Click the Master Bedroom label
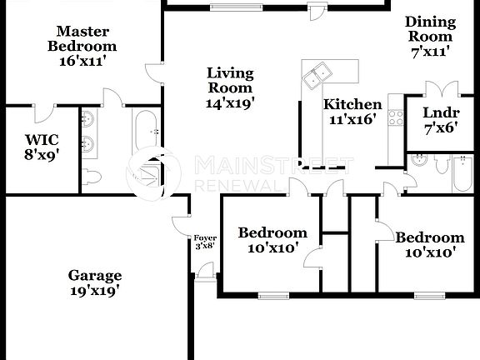tap(81, 46)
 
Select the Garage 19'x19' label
tap(95, 283)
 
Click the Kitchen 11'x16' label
tap(352, 112)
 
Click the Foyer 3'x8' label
tap(205, 242)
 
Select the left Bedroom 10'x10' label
tap(272, 241)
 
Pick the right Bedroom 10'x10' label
tap(430, 245)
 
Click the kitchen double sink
tap(317, 76)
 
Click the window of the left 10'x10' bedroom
tap(272, 294)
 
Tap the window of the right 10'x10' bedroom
tap(429, 294)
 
